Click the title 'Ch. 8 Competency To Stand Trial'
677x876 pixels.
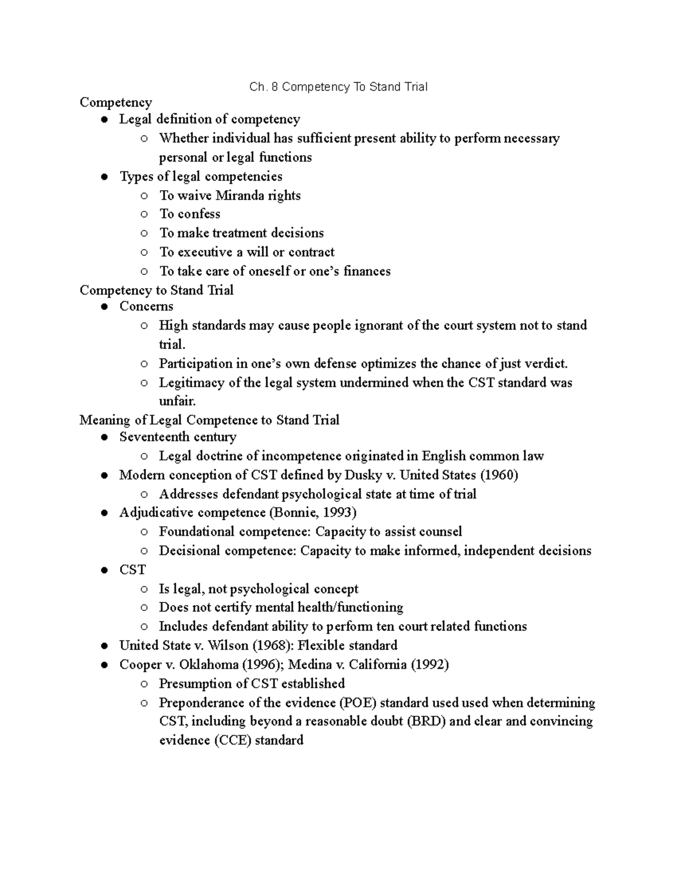click(x=338, y=87)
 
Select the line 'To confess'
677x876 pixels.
click(x=190, y=214)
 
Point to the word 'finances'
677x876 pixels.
click(x=367, y=271)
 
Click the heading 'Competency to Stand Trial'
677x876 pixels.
click(x=156, y=290)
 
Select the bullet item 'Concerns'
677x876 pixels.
click(x=146, y=306)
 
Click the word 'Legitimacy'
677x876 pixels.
click(x=192, y=382)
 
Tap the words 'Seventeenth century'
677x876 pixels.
click(x=178, y=437)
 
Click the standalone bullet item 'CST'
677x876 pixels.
click(x=133, y=570)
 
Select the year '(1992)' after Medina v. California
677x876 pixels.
click(x=429, y=664)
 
